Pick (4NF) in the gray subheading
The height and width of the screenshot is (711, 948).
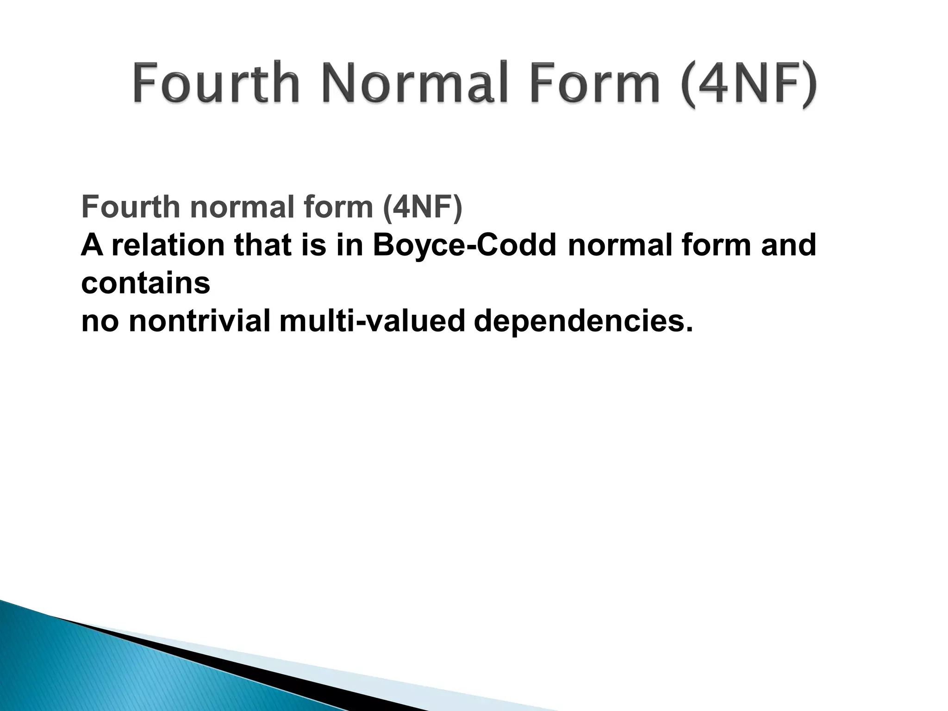click(x=422, y=207)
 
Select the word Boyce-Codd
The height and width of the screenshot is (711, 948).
click(x=464, y=245)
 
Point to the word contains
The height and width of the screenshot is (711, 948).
click(x=145, y=283)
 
